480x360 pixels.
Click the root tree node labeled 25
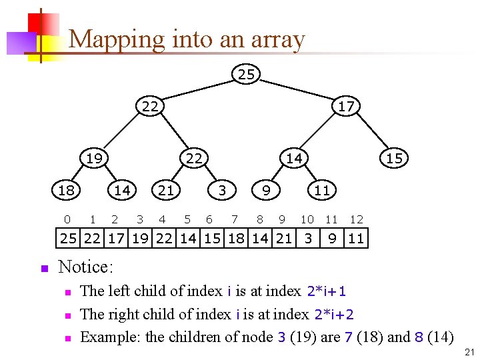tap(246, 74)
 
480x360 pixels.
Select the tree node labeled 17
tap(346, 106)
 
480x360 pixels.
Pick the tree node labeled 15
tap(394, 158)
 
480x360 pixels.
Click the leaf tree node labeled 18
tap(66, 190)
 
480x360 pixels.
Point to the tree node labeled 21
tap(166, 190)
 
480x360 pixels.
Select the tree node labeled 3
tap(223, 190)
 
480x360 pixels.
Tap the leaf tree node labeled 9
tap(266, 190)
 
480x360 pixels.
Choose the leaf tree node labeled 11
tap(322, 190)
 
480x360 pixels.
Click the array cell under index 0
tap(68, 238)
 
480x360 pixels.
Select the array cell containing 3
tap(308, 238)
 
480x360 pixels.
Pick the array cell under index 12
tap(356, 238)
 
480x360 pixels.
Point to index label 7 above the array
tap(234, 219)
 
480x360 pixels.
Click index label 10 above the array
tap(307, 219)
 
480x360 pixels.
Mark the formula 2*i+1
tap(326, 291)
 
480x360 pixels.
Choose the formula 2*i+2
tap(336, 314)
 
